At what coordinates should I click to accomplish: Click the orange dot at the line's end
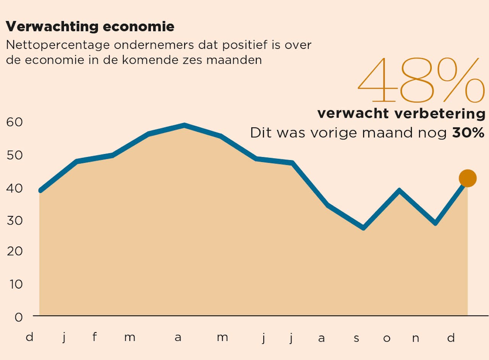point(467,178)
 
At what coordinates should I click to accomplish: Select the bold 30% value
point(468,133)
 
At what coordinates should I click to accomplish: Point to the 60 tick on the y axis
point(15,122)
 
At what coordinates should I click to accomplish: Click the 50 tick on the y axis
point(15,155)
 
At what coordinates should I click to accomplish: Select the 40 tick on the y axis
point(15,188)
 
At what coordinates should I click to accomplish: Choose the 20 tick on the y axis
point(15,251)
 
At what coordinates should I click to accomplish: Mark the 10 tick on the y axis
point(15,284)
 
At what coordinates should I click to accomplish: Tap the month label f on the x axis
point(94,337)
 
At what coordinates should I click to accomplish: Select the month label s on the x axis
point(356,338)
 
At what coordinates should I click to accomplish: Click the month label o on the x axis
point(387,338)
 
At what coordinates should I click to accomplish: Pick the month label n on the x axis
point(416,338)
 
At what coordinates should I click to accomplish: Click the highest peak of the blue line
point(184,125)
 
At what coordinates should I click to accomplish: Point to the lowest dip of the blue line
point(363,228)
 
